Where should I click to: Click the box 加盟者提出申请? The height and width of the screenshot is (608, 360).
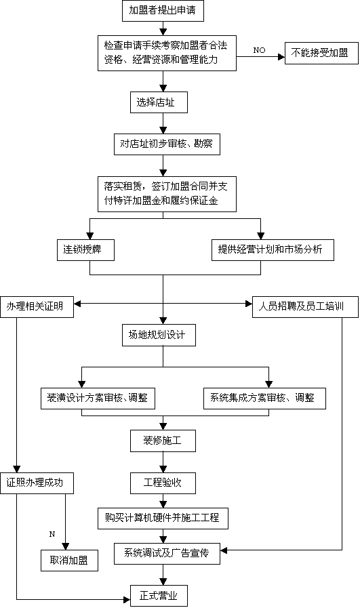tap(163, 10)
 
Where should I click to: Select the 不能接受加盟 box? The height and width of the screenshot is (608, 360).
tap(321, 53)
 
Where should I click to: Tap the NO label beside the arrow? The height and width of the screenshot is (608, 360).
tap(259, 50)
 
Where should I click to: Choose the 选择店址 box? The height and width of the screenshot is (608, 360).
tap(159, 102)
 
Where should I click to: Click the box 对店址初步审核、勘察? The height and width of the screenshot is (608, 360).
tap(167, 144)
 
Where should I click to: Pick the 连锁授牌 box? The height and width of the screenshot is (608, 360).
tap(85, 249)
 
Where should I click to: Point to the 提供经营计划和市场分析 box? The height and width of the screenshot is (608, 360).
tap(273, 249)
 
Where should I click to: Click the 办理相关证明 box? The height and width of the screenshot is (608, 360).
tap(37, 307)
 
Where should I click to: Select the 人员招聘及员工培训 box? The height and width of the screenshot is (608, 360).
tap(305, 307)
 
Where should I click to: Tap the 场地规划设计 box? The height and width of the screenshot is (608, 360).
tap(159, 335)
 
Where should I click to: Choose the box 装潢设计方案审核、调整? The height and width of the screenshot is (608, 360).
tap(98, 399)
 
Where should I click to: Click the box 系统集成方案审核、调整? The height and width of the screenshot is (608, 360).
tap(264, 399)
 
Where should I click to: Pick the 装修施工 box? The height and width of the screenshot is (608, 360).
tap(163, 441)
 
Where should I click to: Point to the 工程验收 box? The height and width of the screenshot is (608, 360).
tap(163, 483)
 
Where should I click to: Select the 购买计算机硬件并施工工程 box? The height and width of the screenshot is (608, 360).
tap(163, 519)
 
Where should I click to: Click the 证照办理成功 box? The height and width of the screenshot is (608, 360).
tap(37, 483)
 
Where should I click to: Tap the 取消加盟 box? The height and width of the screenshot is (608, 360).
tap(69, 561)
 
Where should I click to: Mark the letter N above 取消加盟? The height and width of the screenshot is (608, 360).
tap(52, 534)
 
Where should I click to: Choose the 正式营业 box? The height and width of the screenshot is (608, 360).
tap(159, 596)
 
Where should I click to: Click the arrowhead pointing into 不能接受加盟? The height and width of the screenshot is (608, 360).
tap(281, 57)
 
